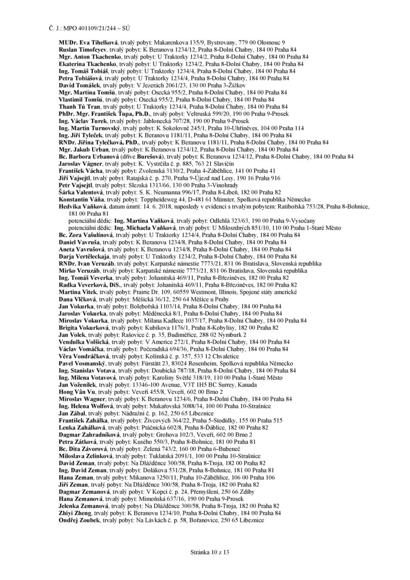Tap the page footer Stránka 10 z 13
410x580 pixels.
click(x=205, y=551)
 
